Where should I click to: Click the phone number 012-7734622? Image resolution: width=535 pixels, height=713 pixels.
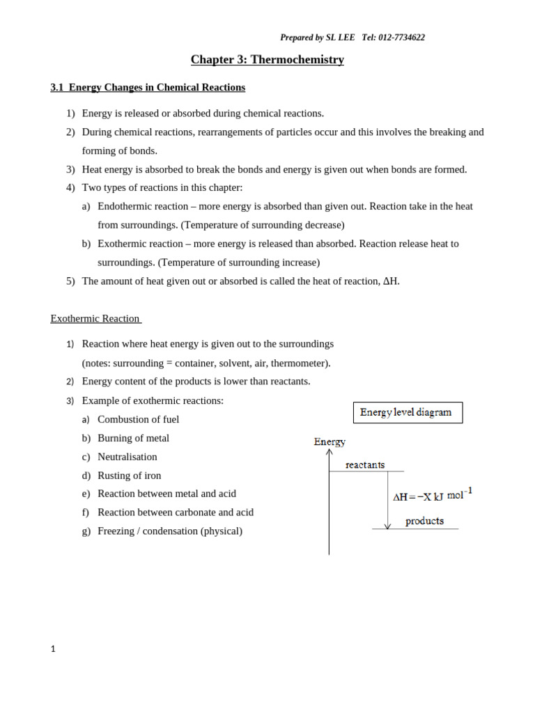401,38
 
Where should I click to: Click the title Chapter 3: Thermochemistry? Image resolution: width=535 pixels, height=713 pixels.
267,60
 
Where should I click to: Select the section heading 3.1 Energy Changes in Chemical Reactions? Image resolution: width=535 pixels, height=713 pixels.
148,88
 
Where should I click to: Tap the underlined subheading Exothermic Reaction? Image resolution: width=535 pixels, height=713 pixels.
95,319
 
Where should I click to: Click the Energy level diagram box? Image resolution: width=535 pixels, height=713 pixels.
408,412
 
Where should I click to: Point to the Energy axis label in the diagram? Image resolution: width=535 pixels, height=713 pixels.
329,441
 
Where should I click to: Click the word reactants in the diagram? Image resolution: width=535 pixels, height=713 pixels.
365,464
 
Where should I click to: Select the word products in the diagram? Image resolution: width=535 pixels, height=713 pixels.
424,521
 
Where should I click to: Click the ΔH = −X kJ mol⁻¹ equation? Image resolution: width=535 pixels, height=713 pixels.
432,496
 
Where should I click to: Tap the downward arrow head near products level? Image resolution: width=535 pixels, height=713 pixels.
388,526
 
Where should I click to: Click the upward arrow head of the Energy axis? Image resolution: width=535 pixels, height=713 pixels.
329,453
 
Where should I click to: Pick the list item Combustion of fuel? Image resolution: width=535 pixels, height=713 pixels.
138,419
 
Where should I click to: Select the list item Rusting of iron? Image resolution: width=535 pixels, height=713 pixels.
129,476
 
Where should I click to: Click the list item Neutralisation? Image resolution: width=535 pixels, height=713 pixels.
127,457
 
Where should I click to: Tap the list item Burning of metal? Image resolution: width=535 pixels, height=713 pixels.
133,438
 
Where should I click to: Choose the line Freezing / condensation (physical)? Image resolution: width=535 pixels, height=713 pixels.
170,531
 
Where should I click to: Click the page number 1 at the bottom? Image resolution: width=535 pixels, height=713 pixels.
53,649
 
